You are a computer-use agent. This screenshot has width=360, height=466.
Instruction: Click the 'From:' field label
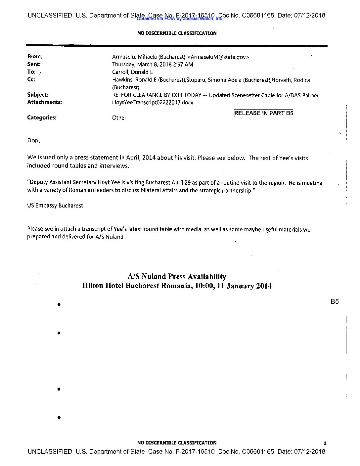point(35,57)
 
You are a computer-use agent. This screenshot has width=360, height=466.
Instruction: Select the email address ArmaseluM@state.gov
point(218,57)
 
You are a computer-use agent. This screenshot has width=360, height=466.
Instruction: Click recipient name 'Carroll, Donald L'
point(132,72)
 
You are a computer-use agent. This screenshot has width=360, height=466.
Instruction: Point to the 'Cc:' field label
point(31,79)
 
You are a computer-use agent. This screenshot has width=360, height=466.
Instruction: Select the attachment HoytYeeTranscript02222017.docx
point(153,103)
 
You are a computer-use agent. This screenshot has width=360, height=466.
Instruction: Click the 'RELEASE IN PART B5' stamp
point(263,113)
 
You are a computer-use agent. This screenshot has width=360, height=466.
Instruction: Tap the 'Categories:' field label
point(42,117)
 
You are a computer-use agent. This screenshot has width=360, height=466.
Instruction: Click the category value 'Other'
point(119,118)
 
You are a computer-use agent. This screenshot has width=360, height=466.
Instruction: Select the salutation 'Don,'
point(33,141)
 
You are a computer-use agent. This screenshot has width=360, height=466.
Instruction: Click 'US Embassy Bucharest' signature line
point(55,206)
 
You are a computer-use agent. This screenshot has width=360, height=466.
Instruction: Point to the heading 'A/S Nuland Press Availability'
point(177,276)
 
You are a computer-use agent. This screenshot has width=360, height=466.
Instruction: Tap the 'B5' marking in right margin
point(335,302)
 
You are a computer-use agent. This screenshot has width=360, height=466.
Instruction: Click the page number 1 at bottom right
point(325,443)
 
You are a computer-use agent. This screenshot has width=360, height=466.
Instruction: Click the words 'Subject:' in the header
point(37,95)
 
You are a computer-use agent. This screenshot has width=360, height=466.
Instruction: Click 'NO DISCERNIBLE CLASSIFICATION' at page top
point(177,33)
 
